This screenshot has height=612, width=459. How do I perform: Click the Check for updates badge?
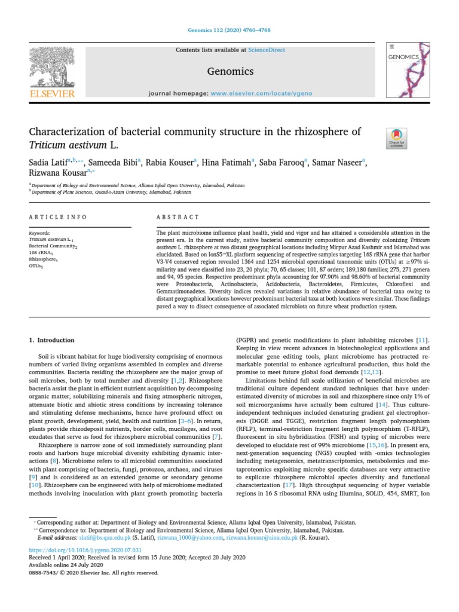(x=396, y=138)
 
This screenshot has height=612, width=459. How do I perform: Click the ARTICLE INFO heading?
(x=58, y=216)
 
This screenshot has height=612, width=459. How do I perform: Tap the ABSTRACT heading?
(x=177, y=216)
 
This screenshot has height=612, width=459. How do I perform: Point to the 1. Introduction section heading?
(x=52, y=340)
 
